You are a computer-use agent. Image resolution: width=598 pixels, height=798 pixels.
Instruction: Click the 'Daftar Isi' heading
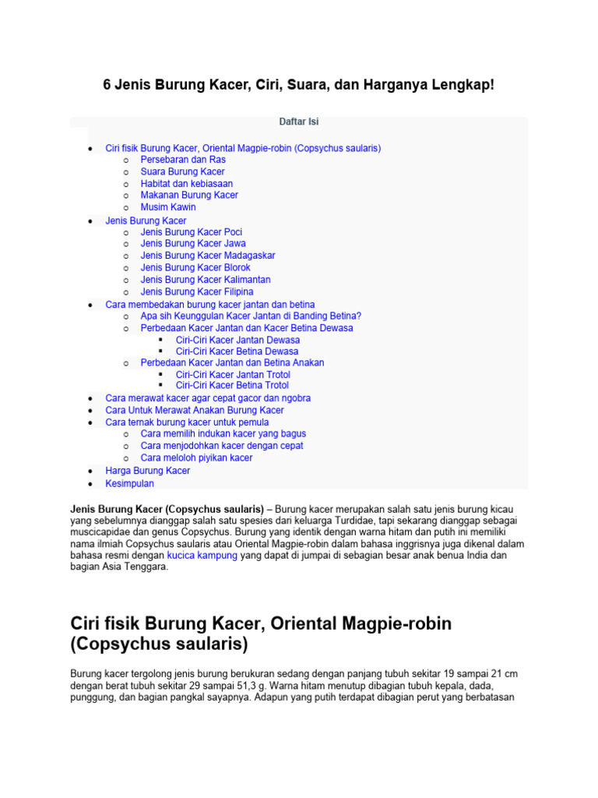click(x=299, y=122)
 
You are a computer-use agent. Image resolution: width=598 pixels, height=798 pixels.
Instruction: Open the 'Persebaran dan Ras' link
click(x=183, y=160)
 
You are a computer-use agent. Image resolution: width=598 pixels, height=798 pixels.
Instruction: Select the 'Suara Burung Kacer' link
click(x=182, y=171)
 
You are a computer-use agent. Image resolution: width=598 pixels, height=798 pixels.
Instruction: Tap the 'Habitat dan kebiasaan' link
click(x=186, y=184)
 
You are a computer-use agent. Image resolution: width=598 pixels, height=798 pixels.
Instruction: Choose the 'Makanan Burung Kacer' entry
click(x=189, y=195)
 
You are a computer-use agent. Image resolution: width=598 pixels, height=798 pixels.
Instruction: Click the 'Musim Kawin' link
click(x=168, y=207)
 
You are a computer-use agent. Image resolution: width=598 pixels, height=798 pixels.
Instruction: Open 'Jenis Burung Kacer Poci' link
click(x=192, y=232)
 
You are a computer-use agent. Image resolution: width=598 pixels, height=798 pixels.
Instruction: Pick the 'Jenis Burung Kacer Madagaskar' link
click(x=207, y=256)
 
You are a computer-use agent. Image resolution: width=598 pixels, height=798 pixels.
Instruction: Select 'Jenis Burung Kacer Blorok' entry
click(x=195, y=267)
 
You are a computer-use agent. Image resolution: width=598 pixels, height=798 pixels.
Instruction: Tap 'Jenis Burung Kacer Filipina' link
click(x=197, y=291)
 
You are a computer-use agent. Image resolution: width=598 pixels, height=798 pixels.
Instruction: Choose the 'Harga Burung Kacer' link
click(x=147, y=471)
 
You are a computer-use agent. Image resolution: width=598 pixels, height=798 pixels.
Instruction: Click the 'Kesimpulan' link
click(x=129, y=483)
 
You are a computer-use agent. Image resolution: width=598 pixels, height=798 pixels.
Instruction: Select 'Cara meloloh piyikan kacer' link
click(x=196, y=457)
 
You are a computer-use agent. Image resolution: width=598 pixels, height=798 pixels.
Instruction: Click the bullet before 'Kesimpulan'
click(x=91, y=484)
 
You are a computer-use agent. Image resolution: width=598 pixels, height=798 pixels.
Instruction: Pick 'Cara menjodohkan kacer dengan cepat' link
click(x=222, y=446)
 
